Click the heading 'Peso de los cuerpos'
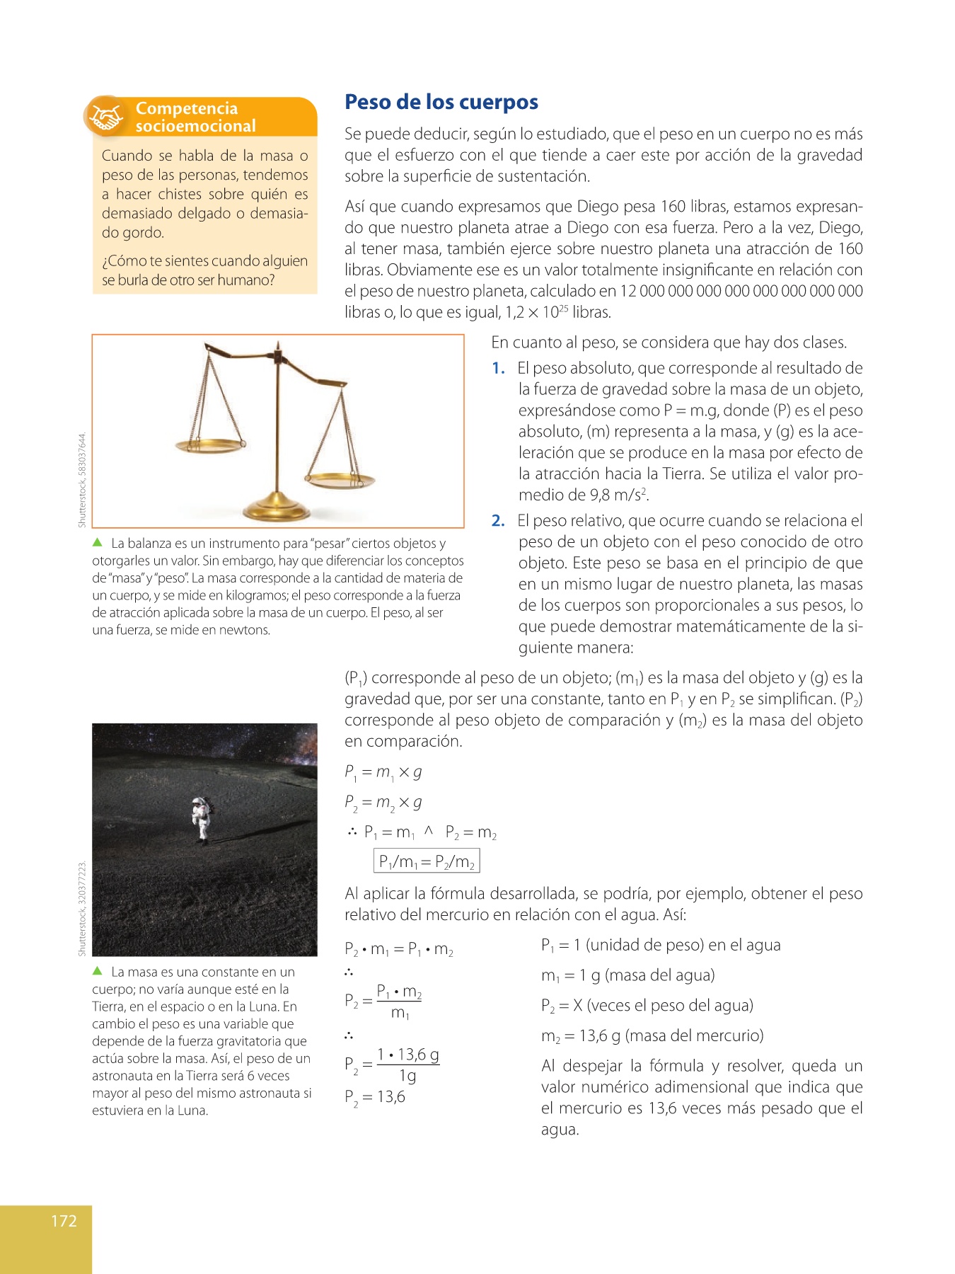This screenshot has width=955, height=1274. [x=441, y=103]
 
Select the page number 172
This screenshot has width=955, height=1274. [x=64, y=1220]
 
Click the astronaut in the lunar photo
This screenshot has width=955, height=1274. [x=202, y=819]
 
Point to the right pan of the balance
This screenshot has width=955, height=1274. [x=340, y=481]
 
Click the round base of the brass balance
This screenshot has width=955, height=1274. [x=277, y=509]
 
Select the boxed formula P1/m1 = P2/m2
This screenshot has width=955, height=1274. [x=427, y=861]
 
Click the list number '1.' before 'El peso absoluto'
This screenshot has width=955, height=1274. [x=499, y=368]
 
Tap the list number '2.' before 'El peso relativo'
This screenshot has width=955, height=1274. [x=499, y=521]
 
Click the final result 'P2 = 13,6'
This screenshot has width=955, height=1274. [x=375, y=1098]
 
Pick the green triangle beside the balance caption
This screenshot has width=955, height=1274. [x=98, y=543]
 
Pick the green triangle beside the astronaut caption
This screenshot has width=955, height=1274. [x=98, y=971]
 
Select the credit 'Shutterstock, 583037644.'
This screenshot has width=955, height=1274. [x=82, y=480]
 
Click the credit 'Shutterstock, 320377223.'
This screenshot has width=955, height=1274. [x=82, y=908]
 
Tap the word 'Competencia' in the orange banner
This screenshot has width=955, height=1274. [x=187, y=108]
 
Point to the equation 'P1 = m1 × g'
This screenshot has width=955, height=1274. [x=383, y=772]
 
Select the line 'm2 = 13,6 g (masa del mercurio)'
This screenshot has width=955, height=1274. [x=652, y=1036]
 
